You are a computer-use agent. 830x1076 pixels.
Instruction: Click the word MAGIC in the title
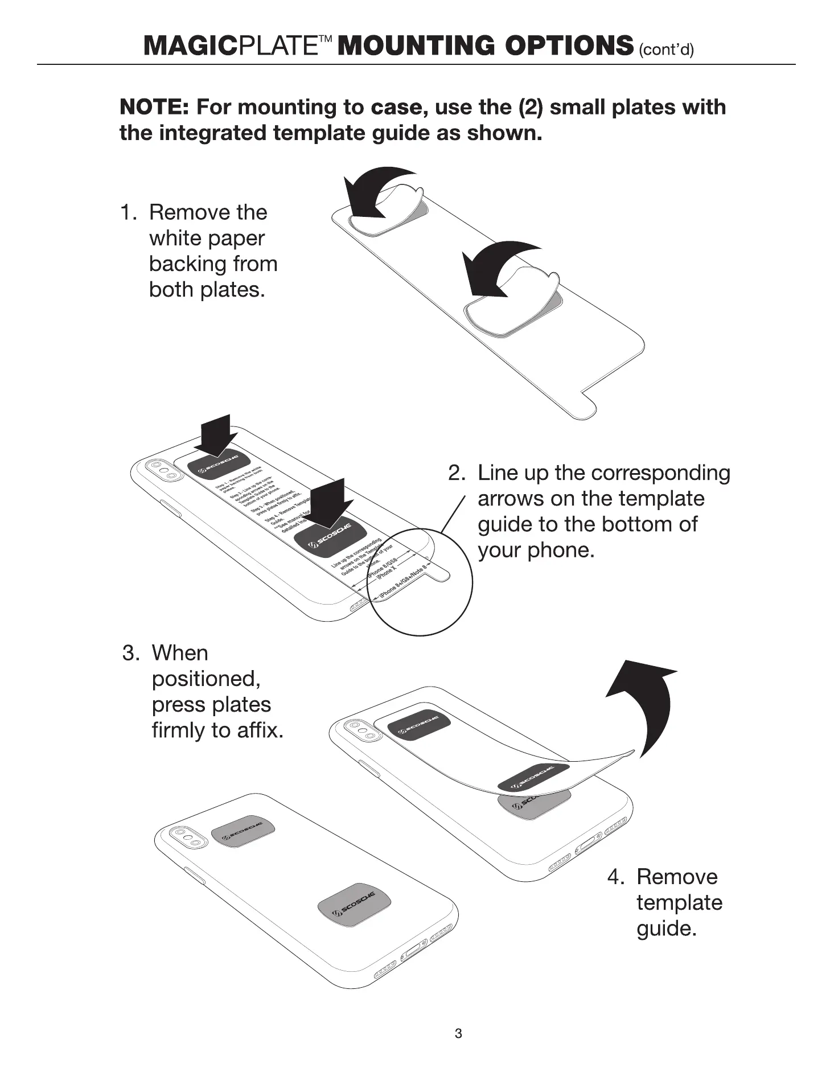coord(190,46)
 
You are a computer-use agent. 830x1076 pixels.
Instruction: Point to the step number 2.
coord(456,473)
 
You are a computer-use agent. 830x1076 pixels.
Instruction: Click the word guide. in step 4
coord(666,928)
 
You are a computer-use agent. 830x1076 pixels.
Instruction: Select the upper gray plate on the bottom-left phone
coord(243,835)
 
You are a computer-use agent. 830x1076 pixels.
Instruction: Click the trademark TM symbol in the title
coord(325,39)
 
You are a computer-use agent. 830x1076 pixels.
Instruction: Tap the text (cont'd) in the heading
coord(666,50)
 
